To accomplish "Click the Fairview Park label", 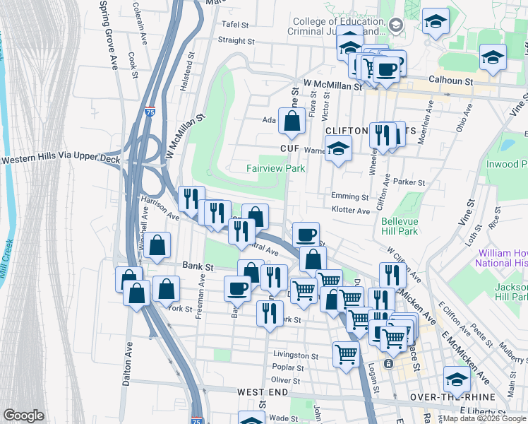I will point(275,169).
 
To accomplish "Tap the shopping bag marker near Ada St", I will point(292,122).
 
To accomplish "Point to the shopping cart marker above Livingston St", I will point(346,353).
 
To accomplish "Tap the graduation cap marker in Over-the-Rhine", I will point(457,381).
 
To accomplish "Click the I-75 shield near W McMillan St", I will point(150,112).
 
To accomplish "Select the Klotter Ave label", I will point(351,211).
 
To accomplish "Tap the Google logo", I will point(24,415).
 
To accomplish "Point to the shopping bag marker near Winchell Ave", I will point(159,245).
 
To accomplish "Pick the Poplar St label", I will point(287,367).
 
